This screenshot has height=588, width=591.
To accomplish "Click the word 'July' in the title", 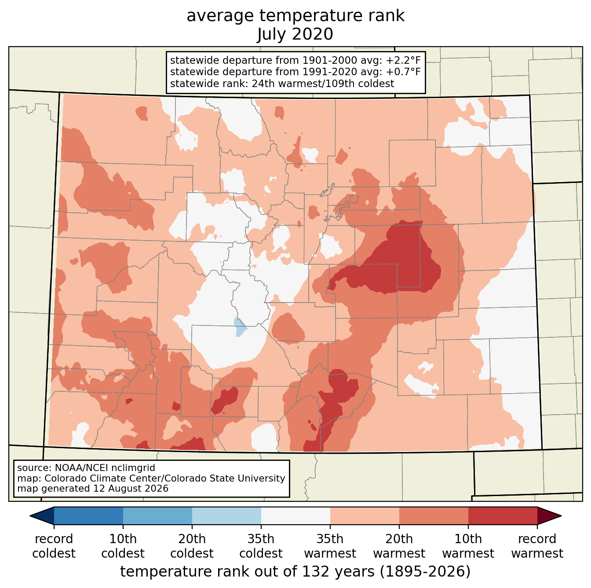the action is [x=271, y=34].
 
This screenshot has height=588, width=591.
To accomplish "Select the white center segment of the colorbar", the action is [x=295, y=515].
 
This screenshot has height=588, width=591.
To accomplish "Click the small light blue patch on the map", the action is [x=240, y=328].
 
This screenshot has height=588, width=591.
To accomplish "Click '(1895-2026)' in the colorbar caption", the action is [x=425, y=571].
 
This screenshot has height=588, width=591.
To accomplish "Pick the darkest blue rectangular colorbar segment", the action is [x=89, y=515].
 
